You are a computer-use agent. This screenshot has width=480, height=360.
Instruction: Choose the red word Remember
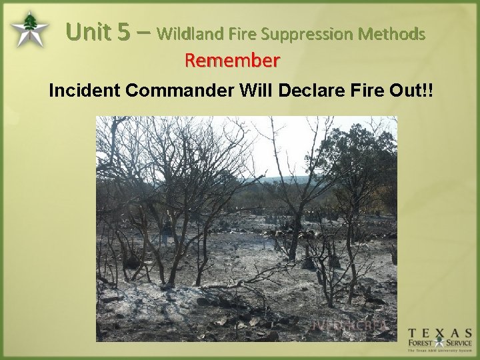point(233,61)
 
